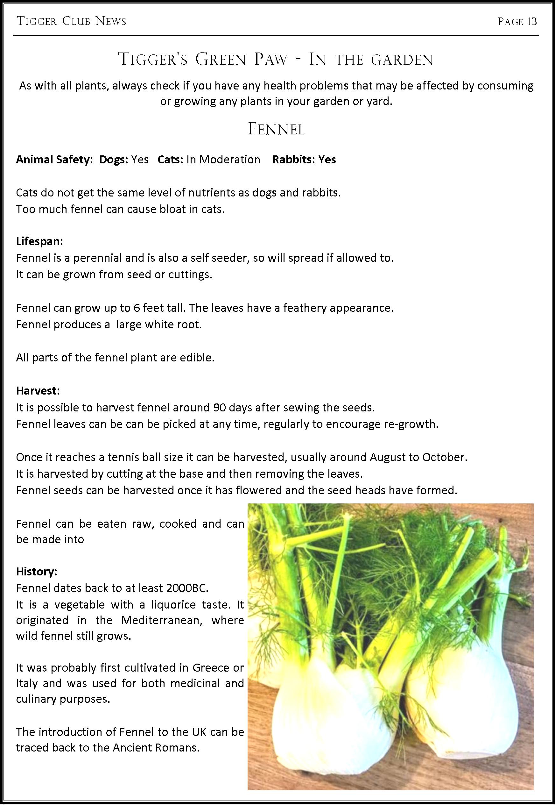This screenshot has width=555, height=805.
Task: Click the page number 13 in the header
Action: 532,22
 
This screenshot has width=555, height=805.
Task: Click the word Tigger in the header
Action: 37,22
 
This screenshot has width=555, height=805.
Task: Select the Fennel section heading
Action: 277,130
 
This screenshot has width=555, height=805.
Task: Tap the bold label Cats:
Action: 170,159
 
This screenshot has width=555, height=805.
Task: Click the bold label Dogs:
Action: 114,159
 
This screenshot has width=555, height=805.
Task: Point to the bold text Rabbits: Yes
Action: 304,159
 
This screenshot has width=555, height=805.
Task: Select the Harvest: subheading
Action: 38,391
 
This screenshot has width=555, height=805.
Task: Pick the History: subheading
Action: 37,571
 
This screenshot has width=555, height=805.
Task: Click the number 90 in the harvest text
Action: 220,407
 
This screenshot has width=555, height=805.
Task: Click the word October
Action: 443,457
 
